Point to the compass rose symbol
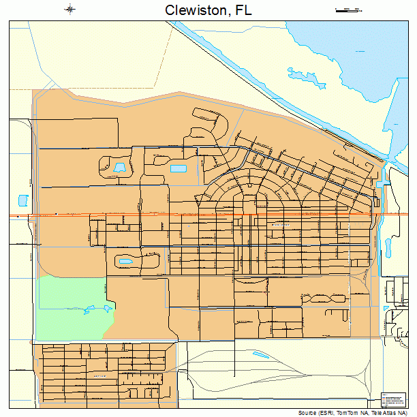[x=69, y=10]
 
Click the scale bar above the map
[x=347, y=10]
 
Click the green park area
[x=68, y=307]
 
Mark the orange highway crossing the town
[x=204, y=215]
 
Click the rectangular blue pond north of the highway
[x=178, y=168]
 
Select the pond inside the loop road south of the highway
[x=126, y=260]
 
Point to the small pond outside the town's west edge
[x=22, y=201]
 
